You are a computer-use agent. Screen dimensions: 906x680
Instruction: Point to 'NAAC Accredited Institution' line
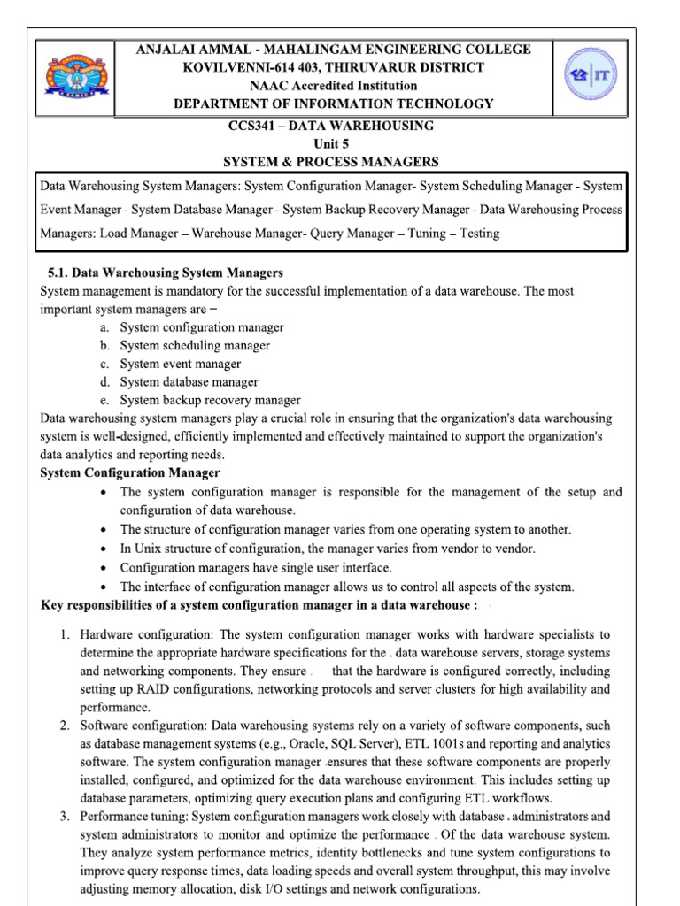tap(333, 86)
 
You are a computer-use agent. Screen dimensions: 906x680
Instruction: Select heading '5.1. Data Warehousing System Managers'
tap(165, 273)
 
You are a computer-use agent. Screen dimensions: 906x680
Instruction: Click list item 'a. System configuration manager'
tap(202, 327)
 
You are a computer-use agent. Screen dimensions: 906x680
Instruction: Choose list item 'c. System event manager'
tap(181, 364)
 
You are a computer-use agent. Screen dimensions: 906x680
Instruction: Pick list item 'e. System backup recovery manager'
tap(210, 400)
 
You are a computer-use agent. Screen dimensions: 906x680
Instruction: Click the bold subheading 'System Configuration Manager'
tap(131, 473)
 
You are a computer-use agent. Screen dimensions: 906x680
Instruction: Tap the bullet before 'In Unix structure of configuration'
tap(105, 549)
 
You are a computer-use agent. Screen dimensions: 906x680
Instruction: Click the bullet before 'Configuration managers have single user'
tap(105, 568)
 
